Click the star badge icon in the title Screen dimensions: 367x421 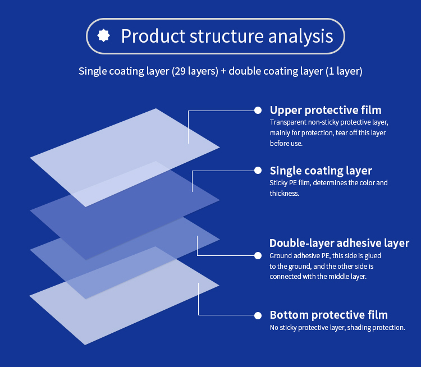click(x=104, y=36)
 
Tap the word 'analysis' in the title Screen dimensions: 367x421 click(x=300, y=36)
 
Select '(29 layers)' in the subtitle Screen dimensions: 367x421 click(x=195, y=71)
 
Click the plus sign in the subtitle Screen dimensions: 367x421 click(x=223, y=71)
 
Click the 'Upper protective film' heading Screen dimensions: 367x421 click(x=326, y=110)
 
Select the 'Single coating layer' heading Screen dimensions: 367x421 click(x=321, y=171)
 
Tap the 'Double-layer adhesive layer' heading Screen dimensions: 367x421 click(x=339, y=243)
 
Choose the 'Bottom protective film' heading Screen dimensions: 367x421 click(x=328, y=315)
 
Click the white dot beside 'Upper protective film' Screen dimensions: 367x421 click(x=258, y=110)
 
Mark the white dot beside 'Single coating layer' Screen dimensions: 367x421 click(x=258, y=171)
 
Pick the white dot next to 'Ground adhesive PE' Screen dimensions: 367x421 click(x=258, y=255)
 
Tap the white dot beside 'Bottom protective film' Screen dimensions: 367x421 click(x=258, y=315)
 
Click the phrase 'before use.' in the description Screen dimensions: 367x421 click(x=286, y=144)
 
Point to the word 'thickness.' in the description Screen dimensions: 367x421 click(x=284, y=194)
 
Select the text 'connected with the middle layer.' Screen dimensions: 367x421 click(x=318, y=277)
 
